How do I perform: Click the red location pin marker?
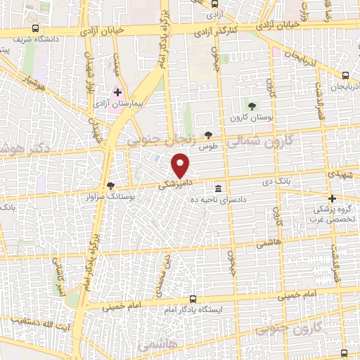181,166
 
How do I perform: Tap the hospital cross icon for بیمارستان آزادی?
117,91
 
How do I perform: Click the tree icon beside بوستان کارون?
252,105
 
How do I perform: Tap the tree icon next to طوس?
207,134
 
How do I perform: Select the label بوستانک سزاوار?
111,196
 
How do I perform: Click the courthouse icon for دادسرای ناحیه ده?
219,188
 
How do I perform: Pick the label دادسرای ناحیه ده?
222,200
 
